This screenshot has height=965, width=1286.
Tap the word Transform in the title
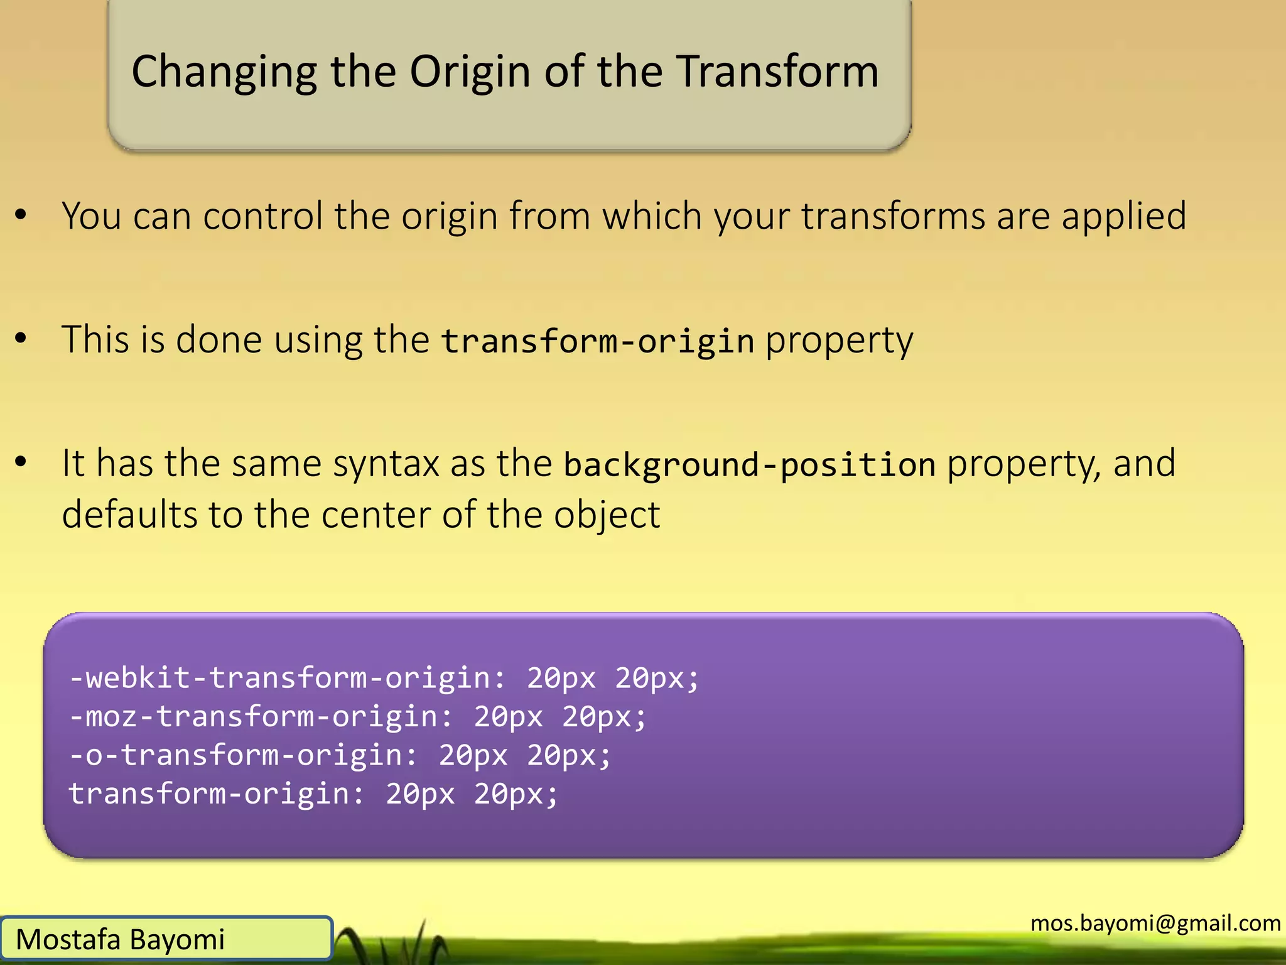777,71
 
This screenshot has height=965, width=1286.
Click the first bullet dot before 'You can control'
21,215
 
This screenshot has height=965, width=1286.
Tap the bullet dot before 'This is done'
21,338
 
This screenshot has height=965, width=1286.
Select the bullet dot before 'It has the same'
21,462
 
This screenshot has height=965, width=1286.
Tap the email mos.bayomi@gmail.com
1155,923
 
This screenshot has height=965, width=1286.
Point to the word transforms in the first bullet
892,216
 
